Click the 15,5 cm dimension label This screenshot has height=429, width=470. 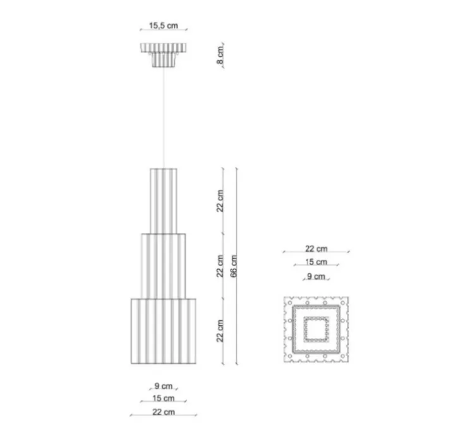164,25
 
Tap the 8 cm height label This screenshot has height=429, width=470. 220,55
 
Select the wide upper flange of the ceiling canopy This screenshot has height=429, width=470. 164,47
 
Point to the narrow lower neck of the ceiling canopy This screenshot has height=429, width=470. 164,59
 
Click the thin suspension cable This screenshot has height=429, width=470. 164,118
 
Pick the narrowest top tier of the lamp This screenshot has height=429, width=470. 164,201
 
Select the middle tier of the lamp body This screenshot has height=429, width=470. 164,266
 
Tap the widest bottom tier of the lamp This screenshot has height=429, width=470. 164,331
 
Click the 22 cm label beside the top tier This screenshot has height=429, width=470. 220,201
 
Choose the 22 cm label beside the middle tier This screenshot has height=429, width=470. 220,266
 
